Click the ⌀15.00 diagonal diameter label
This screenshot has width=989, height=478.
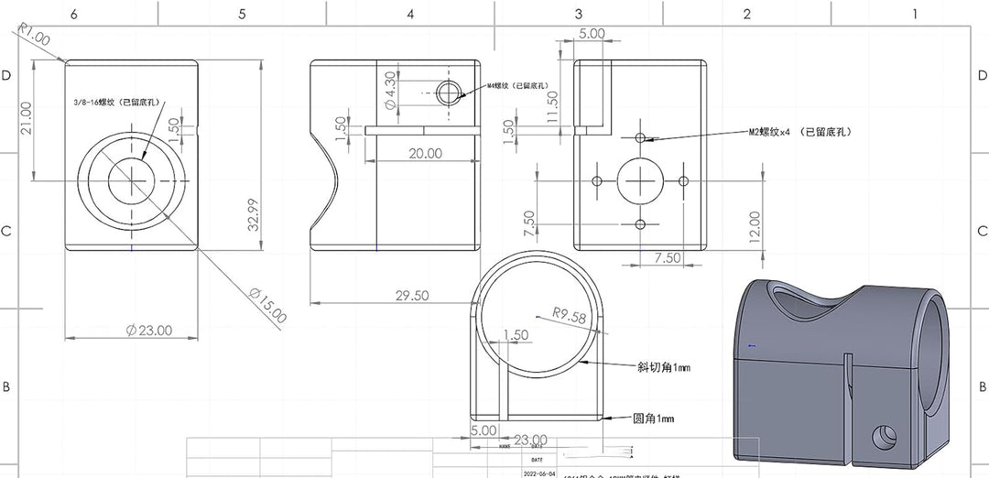point(267,305)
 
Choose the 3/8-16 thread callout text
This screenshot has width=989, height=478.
point(120,103)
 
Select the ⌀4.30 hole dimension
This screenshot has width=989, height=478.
point(390,92)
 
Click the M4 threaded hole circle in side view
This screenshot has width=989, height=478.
point(449,92)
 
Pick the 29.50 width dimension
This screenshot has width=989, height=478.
point(411,295)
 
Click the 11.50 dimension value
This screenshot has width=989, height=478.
point(551,108)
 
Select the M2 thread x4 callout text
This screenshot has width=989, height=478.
point(800,132)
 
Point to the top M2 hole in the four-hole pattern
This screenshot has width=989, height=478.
point(640,138)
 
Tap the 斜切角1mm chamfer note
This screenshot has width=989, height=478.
point(664,367)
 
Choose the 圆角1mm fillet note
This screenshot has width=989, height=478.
point(654,418)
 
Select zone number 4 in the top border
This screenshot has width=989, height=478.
point(410,13)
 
